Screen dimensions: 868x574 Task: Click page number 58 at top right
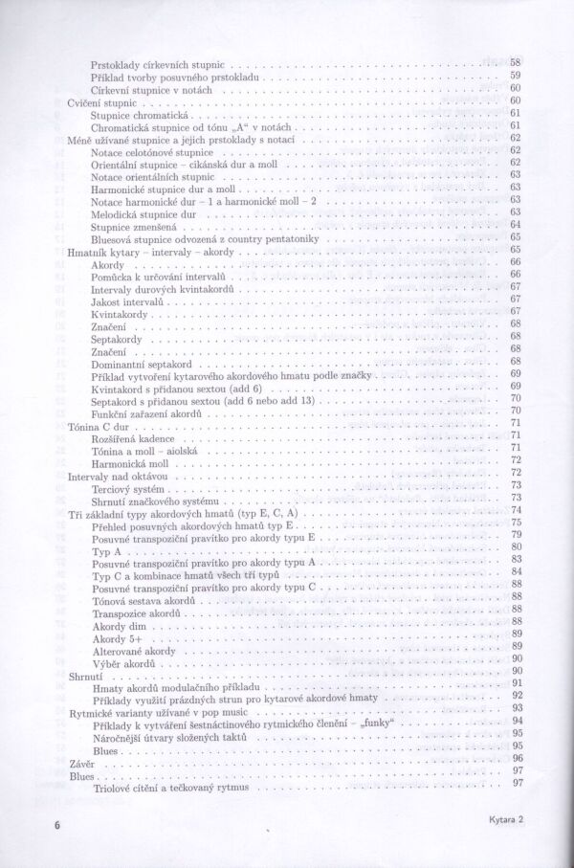pos(516,61)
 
